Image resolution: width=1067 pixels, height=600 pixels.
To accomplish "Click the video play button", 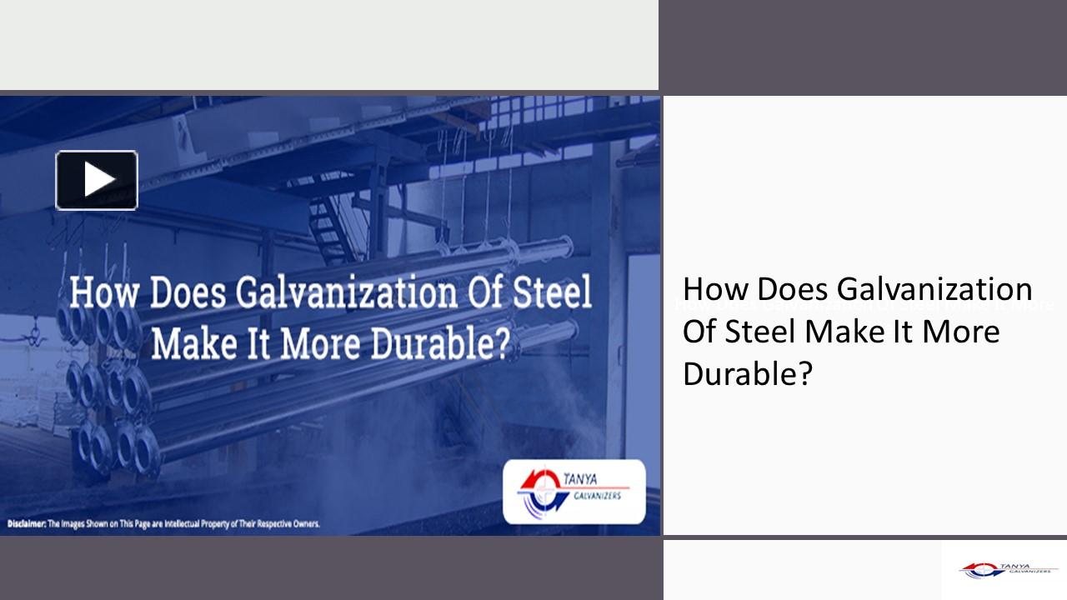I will [x=97, y=180].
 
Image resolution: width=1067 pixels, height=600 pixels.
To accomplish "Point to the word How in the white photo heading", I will [x=98, y=294].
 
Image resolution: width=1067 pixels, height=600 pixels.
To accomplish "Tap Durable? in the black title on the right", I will [x=747, y=374].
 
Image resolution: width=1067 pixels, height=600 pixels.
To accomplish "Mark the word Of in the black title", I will [x=699, y=332].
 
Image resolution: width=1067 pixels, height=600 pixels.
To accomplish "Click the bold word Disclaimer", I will [x=26, y=524].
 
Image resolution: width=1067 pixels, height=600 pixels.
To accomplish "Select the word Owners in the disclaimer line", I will [x=302, y=524].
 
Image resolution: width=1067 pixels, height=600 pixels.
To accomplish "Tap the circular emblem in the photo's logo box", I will [x=533, y=491].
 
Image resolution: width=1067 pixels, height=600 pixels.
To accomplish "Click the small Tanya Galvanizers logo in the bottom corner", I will [x=1008, y=569].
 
